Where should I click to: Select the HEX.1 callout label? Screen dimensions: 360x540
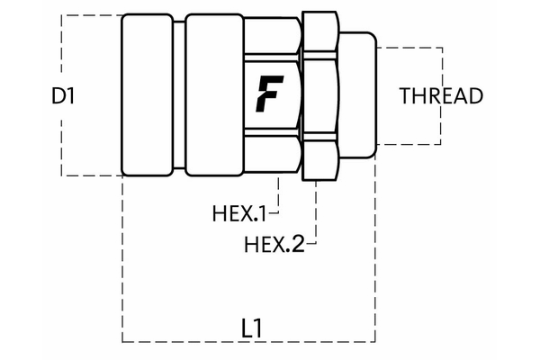coord(239,214)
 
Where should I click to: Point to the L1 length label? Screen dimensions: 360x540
coord(253,328)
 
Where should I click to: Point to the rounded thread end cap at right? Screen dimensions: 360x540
coord(358,94)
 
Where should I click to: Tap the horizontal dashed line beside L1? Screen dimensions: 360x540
coord(180,342)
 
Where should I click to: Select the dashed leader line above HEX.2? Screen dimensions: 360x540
coord(316,211)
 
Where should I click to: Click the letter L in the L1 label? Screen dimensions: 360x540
coord(247,328)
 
